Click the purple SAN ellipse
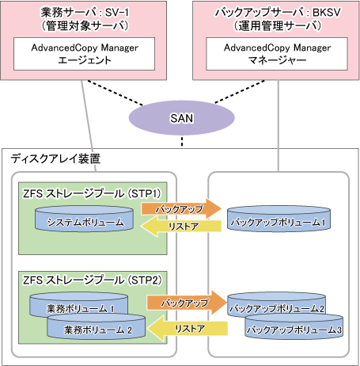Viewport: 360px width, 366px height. pyautogui.click(x=182, y=118)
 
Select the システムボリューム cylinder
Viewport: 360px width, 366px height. pyautogui.click(x=84, y=219)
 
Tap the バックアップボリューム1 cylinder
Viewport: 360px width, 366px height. pyautogui.click(x=279, y=219)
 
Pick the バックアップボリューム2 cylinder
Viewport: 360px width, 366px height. pyautogui.click(x=276, y=303)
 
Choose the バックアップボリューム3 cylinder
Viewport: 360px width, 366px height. pyautogui.click(x=294, y=327)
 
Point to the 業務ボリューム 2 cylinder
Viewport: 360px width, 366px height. pyautogui.click(x=97, y=327)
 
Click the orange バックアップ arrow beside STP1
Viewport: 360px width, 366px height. pyautogui.click(x=181, y=209)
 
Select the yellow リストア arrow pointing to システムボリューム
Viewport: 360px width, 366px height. pyautogui.click(x=181, y=226)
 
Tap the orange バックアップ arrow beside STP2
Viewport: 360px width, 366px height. pyautogui.click(x=187, y=303)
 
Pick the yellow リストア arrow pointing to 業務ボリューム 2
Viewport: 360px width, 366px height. pyautogui.click(x=188, y=329)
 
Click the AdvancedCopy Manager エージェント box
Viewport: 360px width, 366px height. pyautogui.click(x=84, y=54)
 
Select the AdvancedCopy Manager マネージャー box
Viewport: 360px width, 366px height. pyautogui.click(x=277, y=54)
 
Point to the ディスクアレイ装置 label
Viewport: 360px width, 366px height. pyautogui.click(x=55, y=158)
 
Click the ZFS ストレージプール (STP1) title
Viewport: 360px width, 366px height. pyautogui.click(x=92, y=193)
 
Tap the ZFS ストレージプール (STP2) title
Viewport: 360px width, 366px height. pyautogui.click(x=92, y=280)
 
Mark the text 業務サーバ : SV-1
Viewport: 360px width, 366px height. pyautogui.click(x=85, y=13)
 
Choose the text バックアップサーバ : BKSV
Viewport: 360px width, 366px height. pyautogui.click(x=278, y=13)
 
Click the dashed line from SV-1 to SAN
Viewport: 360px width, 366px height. pyautogui.click(x=116, y=93)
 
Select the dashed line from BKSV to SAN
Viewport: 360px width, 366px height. pyautogui.click(x=240, y=92)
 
